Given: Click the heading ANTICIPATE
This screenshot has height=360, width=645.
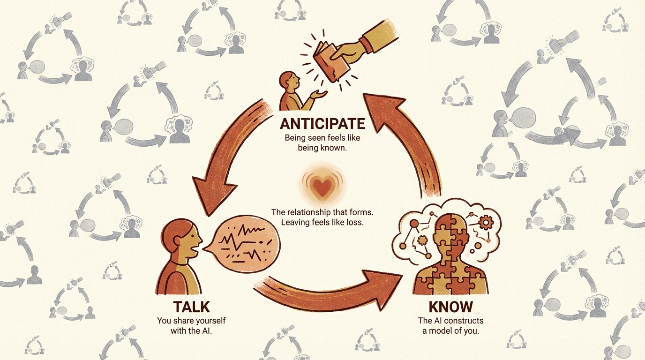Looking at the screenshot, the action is pyautogui.click(x=322, y=124).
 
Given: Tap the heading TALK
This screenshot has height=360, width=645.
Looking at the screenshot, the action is pyautogui.click(x=191, y=307).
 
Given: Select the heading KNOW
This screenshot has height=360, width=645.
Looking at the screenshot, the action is pyautogui.click(x=450, y=307).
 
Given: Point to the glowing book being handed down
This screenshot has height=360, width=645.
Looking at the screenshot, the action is pyautogui.click(x=331, y=62).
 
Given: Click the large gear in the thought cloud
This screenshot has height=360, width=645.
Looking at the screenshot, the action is pyautogui.click(x=486, y=222).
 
